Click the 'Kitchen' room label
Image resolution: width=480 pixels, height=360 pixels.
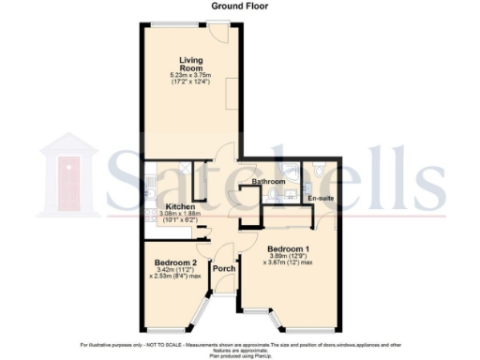point(180,206)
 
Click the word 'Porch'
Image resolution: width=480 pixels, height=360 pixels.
point(224,270)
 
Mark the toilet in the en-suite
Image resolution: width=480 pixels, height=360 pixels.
point(322,171)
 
